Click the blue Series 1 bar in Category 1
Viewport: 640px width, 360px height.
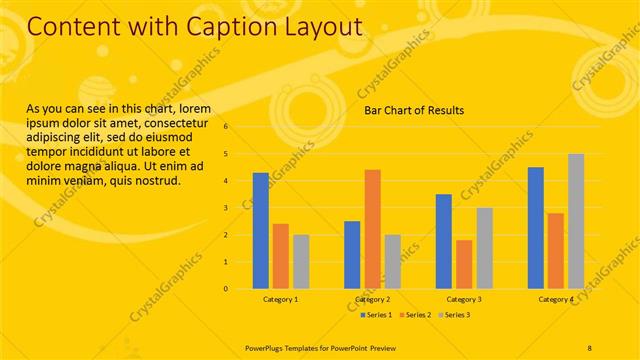pyautogui.click(x=261, y=231)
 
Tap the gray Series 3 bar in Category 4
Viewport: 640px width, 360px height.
pyautogui.click(x=576, y=221)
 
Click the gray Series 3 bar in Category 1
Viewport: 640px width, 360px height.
pyautogui.click(x=301, y=262)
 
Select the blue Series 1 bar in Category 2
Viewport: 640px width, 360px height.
pyautogui.click(x=352, y=255)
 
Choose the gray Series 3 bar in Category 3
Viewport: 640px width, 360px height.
pyautogui.click(x=484, y=248)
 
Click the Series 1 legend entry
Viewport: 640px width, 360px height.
pyautogui.click(x=376, y=316)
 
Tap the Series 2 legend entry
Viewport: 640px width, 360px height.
pyautogui.click(x=415, y=316)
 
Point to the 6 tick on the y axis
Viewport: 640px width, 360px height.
pyautogui.click(x=227, y=127)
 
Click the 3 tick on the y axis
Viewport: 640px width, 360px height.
pyautogui.click(x=227, y=208)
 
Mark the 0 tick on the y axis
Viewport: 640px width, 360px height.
pyautogui.click(x=227, y=289)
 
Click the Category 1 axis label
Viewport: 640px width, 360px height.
pyautogui.click(x=281, y=299)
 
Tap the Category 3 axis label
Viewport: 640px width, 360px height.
pyautogui.click(x=464, y=299)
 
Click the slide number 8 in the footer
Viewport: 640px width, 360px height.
pyautogui.click(x=589, y=346)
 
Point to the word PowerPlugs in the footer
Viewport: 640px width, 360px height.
pyautogui.click(x=269, y=346)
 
